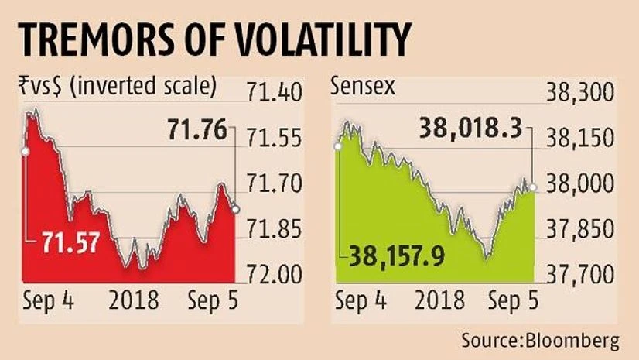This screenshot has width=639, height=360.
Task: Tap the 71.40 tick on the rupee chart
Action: [271, 97]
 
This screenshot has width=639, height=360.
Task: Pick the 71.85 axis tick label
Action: [271, 230]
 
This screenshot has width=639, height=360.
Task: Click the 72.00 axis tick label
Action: [271, 274]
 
